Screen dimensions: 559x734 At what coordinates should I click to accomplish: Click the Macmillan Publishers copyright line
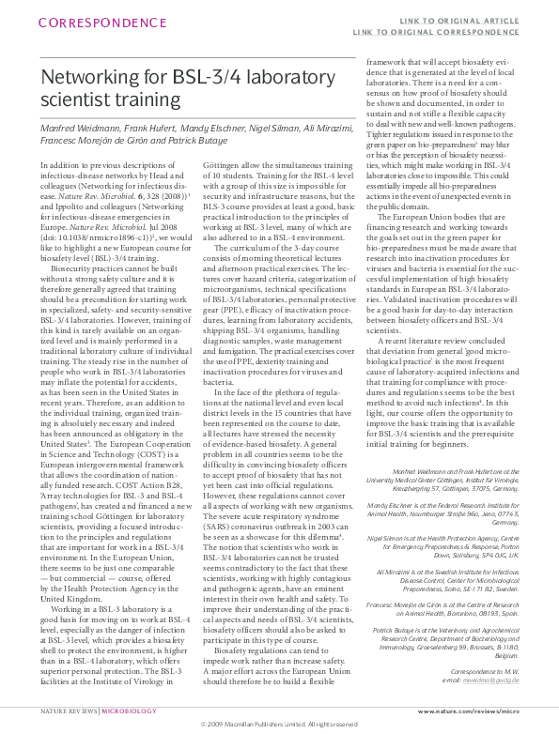[x=279, y=725]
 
